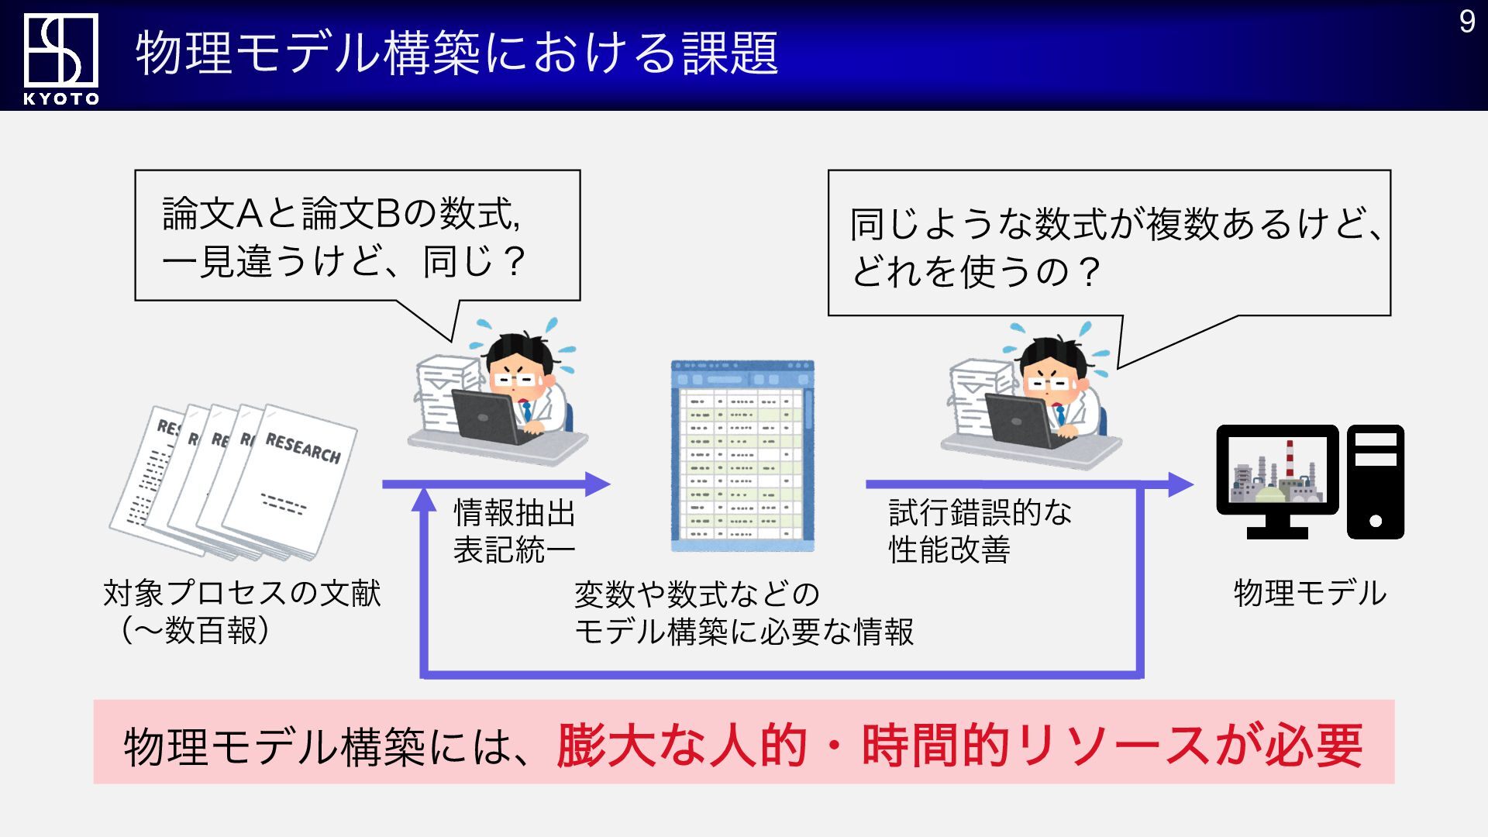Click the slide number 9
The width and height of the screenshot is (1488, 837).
1466,22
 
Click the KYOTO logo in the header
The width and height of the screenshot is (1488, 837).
61,58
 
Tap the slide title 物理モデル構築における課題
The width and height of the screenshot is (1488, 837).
457,53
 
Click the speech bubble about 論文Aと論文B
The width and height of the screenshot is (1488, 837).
357,235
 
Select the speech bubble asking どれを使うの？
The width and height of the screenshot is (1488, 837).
1109,243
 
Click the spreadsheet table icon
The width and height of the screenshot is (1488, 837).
742,456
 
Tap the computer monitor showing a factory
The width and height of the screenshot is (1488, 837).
1277,481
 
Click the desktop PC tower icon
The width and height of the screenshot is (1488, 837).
1376,481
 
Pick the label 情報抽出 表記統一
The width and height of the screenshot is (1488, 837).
514,531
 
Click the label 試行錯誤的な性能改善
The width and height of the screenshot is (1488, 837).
980,531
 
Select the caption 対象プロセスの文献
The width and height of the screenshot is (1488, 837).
242,593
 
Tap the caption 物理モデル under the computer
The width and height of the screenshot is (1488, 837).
1310,593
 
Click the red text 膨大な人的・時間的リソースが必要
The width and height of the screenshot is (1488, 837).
959,746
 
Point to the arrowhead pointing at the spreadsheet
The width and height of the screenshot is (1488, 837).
598,484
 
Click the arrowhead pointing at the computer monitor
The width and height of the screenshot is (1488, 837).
1180,484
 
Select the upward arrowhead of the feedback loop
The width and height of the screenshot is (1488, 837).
424,499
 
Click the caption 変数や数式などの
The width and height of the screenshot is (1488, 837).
697,594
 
